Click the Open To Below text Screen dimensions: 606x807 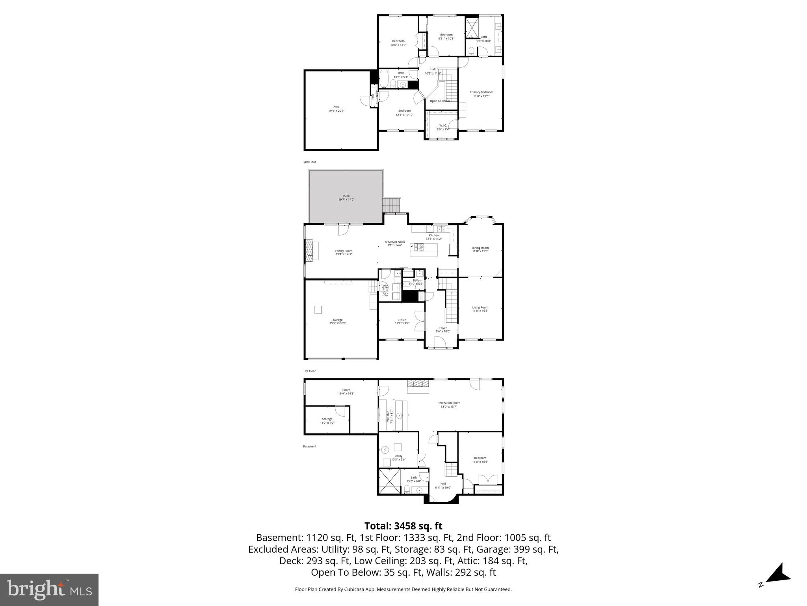tap(439, 101)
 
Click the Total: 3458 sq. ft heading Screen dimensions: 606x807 tap(403, 526)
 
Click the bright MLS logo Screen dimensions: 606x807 tap(49, 590)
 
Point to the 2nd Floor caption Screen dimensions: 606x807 tap(309, 162)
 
